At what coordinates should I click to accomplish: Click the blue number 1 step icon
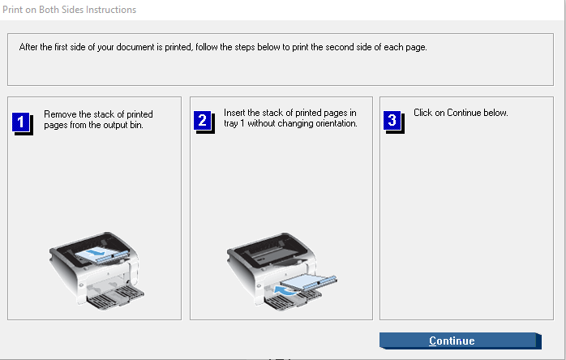tap(23, 123)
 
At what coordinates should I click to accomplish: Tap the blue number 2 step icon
tap(204, 122)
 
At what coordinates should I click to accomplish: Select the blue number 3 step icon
tap(394, 122)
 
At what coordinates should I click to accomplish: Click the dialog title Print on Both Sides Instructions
tap(69, 10)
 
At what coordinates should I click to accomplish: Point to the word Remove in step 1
tap(60, 114)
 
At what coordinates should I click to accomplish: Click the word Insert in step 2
tap(234, 113)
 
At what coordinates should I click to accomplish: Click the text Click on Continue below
tap(461, 113)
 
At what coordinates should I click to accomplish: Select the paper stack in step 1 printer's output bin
tap(102, 255)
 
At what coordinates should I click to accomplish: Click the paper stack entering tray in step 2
tap(309, 281)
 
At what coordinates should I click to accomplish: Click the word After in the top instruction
tap(28, 47)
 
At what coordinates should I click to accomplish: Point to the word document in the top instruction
tap(135, 47)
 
